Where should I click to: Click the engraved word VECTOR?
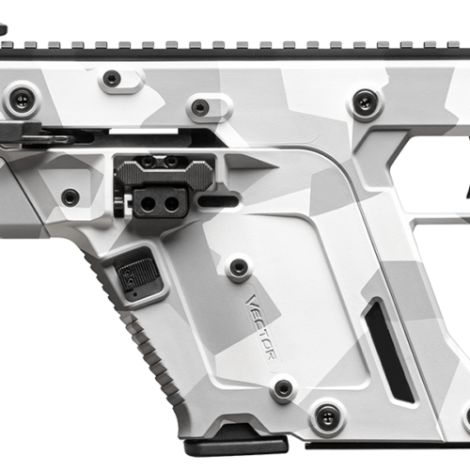260,326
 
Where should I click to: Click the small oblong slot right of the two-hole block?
219,199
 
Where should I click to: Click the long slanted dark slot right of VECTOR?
388,348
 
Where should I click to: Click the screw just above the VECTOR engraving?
239,267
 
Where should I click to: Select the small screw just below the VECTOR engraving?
282,387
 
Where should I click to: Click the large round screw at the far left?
22,98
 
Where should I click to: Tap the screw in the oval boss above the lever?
200,107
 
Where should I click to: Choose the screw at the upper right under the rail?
364,102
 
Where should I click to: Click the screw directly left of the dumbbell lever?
70,196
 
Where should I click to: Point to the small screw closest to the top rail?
112,79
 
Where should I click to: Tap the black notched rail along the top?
235,47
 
